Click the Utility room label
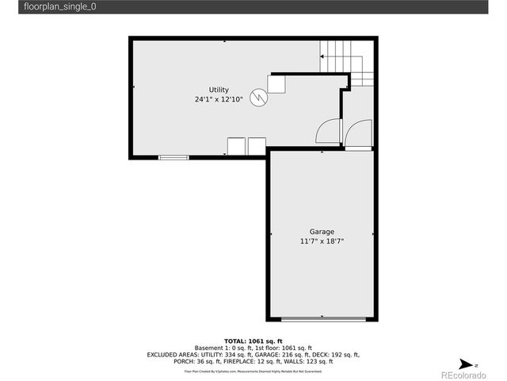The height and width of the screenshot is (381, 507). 219,90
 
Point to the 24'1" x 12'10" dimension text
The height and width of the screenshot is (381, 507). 219,100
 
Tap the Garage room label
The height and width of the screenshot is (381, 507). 322,232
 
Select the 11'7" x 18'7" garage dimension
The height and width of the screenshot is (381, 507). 322,241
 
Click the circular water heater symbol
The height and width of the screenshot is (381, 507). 258,97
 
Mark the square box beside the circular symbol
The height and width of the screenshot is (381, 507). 276,83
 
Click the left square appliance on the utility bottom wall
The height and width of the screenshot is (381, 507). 236,146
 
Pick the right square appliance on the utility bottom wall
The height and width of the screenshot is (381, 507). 257,146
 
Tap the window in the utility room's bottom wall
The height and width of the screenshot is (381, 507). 173,158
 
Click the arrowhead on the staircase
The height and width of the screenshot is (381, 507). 322,56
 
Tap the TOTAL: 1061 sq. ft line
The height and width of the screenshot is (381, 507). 253,340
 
